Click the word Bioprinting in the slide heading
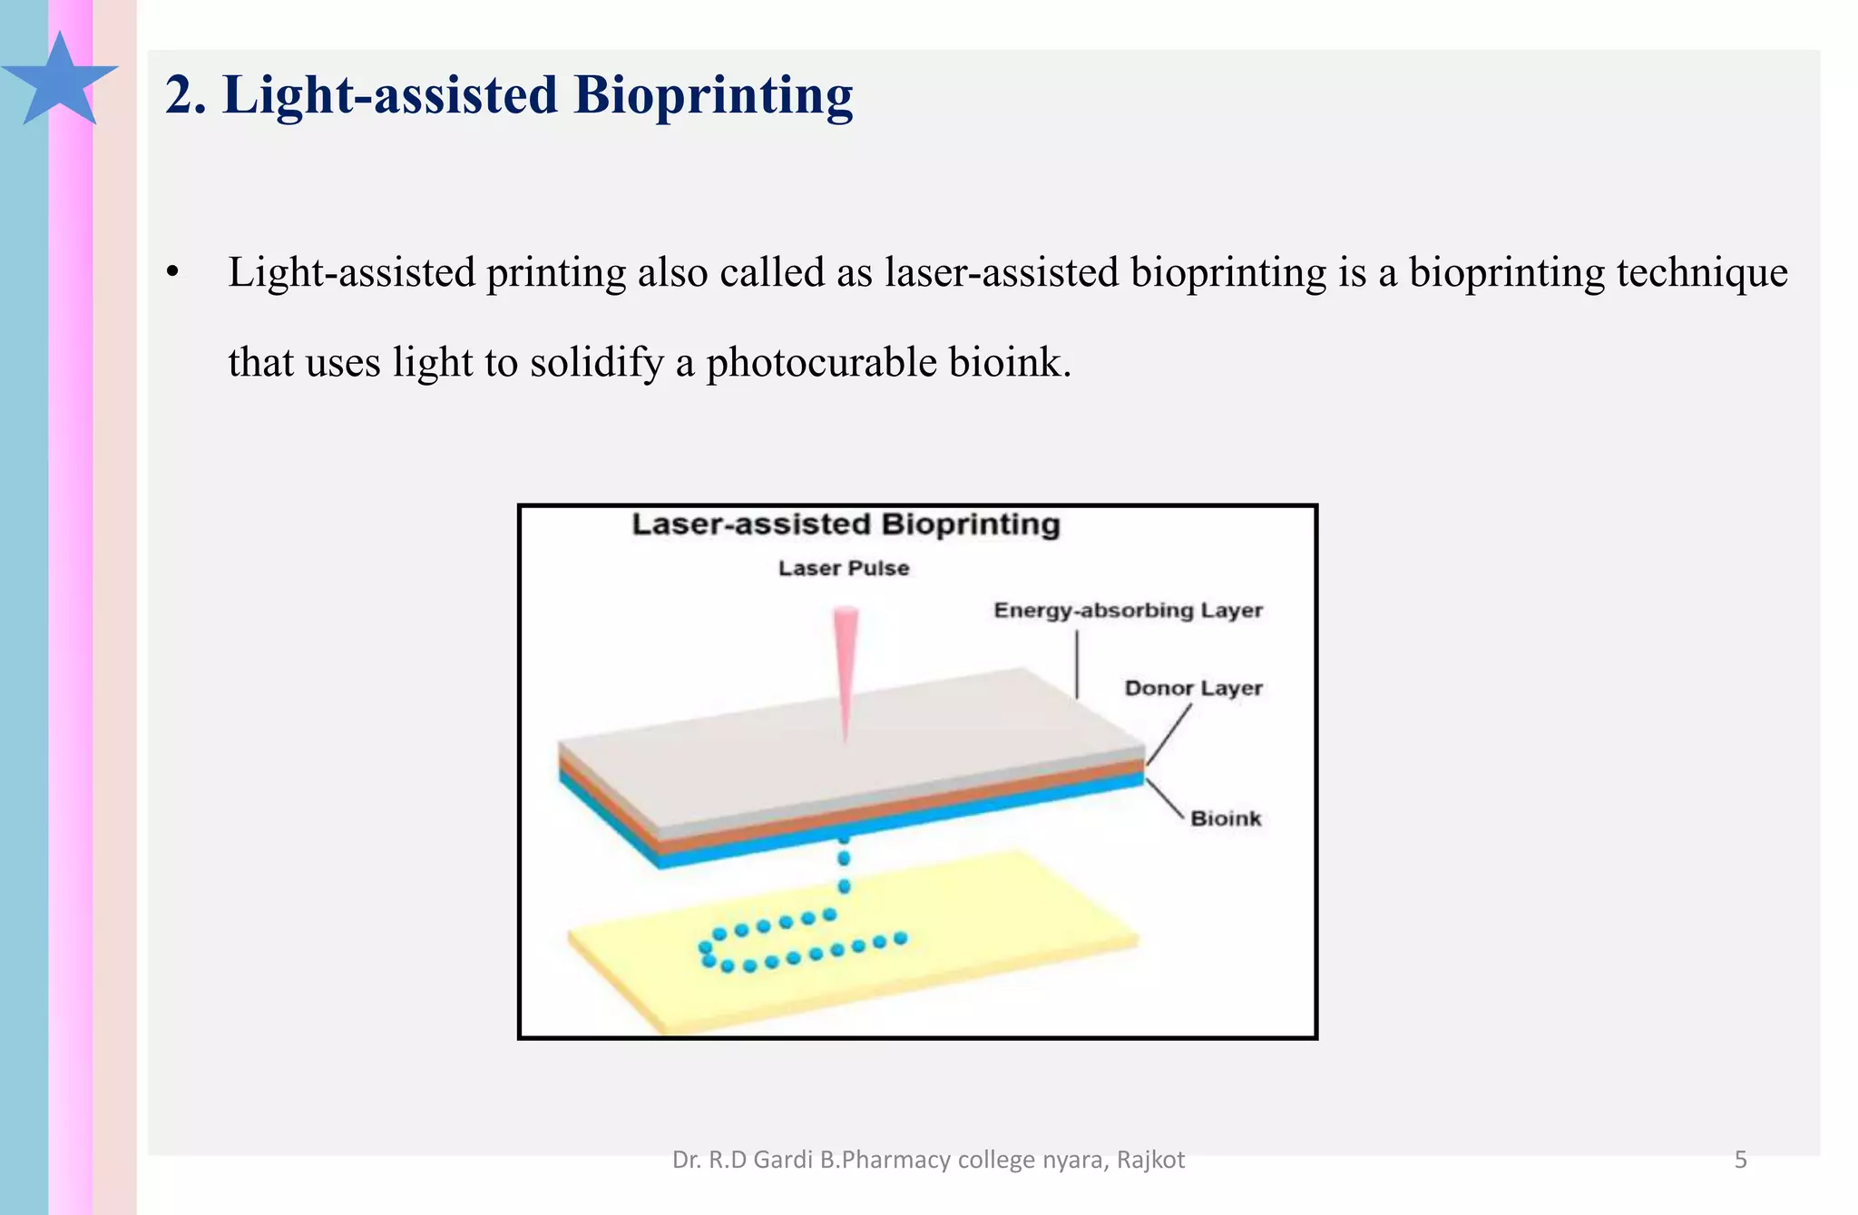pyautogui.click(x=713, y=95)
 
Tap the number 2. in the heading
pyautogui.click(x=185, y=95)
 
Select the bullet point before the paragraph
pyautogui.click(x=172, y=273)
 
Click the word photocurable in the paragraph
pyautogui.click(x=821, y=362)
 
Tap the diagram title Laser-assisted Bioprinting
pyautogui.click(x=846, y=524)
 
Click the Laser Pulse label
pyautogui.click(x=844, y=569)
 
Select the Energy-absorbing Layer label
pyautogui.click(x=1128, y=611)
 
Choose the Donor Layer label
pyautogui.click(x=1193, y=689)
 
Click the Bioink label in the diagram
pyautogui.click(x=1226, y=818)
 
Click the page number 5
pyautogui.click(x=1740, y=1160)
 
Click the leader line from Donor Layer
pyautogui.click(x=1169, y=735)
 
